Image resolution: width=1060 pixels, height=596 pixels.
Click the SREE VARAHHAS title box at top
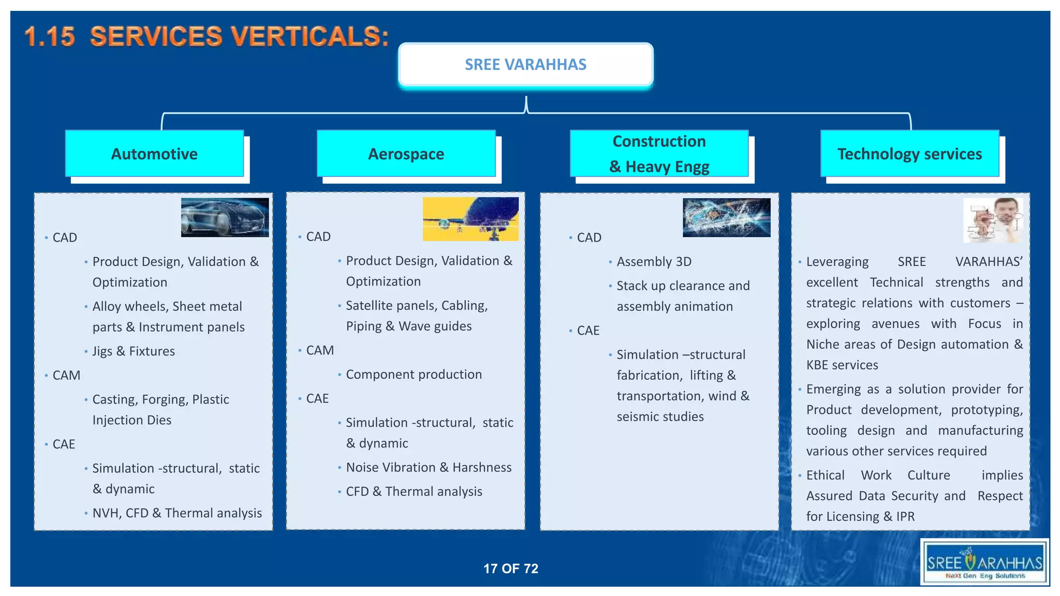(x=525, y=65)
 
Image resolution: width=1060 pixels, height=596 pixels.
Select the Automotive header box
(x=154, y=154)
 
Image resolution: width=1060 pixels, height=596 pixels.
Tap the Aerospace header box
(x=406, y=154)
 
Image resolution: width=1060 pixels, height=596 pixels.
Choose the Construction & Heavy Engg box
(x=659, y=154)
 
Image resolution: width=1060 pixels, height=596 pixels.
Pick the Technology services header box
(x=909, y=154)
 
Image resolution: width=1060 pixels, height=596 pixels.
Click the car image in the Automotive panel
(x=225, y=217)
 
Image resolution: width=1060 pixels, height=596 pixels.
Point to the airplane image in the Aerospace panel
(x=470, y=219)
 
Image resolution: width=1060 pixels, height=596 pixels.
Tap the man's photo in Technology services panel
(x=993, y=220)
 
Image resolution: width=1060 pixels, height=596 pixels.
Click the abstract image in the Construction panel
(x=726, y=217)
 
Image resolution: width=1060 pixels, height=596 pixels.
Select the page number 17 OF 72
(x=510, y=569)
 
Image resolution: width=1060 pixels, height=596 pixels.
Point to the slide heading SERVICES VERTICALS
(x=207, y=37)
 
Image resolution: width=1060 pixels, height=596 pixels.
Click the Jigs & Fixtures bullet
(x=134, y=351)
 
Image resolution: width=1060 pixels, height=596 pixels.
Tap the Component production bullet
(x=414, y=375)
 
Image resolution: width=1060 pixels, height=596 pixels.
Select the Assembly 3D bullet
(x=654, y=262)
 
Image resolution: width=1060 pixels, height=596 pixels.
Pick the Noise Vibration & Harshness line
(x=429, y=468)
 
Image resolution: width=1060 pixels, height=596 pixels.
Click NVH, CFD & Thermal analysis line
(x=177, y=513)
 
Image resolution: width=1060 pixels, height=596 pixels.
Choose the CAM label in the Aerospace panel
(x=320, y=350)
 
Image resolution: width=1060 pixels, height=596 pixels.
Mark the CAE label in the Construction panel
(x=588, y=331)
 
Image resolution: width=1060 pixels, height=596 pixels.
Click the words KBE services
(x=842, y=365)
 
